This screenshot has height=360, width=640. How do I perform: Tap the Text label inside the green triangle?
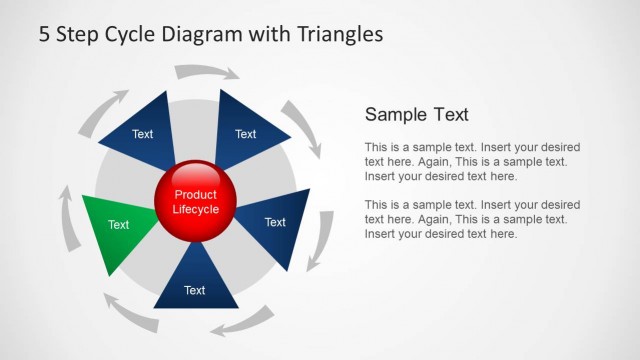[118, 225]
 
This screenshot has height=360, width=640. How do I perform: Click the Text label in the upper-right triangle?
[245, 134]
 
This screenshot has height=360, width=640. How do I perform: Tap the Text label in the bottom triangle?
[194, 291]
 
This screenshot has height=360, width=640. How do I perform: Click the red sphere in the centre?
[196, 203]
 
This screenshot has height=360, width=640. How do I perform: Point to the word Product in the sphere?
[196, 195]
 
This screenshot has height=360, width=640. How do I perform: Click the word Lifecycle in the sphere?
[196, 210]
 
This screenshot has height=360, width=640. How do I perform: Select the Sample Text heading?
[417, 114]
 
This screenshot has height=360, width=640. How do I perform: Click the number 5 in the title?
[45, 34]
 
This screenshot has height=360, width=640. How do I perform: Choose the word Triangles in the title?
[340, 34]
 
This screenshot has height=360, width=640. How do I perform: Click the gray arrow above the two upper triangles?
[207, 72]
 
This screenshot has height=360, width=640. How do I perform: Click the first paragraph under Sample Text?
[472, 161]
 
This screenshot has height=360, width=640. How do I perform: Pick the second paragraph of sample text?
[472, 219]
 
